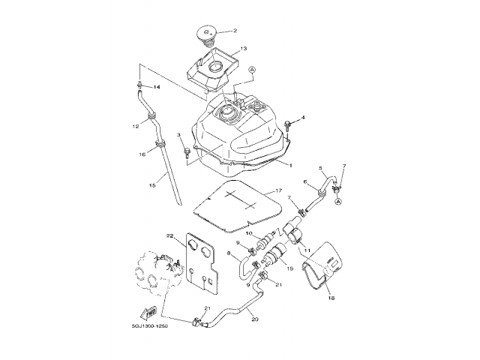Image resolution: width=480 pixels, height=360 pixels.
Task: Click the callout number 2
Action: (235, 31)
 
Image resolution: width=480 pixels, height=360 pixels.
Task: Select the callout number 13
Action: (243, 49)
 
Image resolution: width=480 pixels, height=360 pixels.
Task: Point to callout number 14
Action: (157, 87)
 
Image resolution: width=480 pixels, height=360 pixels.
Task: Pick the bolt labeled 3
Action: (184, 152)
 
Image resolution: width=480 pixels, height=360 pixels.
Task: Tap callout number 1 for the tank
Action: (291, 164)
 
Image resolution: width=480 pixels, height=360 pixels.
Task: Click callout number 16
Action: (142, 154)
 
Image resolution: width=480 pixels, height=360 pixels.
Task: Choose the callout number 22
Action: (170, 235)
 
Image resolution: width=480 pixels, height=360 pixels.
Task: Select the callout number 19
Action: (290, 268)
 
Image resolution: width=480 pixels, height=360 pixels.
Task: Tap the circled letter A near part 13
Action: (252, 68)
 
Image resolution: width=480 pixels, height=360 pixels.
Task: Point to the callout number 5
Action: (320, 168)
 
